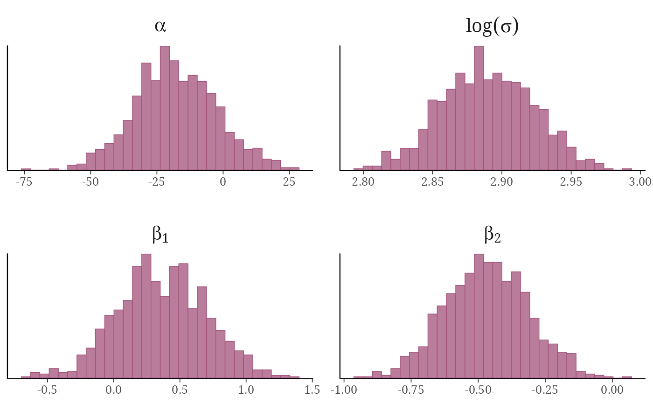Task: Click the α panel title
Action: point(160,26)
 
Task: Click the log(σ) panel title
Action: point(492,27)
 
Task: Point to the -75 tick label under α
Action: point(24,182)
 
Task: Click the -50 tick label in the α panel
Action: point(90,182)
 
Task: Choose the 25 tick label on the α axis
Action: point(289,182)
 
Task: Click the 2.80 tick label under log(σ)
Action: point(363,182)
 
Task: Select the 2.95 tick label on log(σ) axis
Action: point(571,182)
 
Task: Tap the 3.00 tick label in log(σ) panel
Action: point(640,182)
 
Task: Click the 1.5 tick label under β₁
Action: point(312,390)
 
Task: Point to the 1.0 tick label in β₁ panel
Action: point(246,390)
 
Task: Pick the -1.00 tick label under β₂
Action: point(344,390)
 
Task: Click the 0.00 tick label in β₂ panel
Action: point(612,390)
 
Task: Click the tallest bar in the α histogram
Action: point(165,108)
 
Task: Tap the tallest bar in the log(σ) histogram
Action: point(479,108)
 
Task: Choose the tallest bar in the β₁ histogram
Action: point(146,316)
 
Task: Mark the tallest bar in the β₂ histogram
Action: point(479,316)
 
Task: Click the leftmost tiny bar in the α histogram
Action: point(26,169)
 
